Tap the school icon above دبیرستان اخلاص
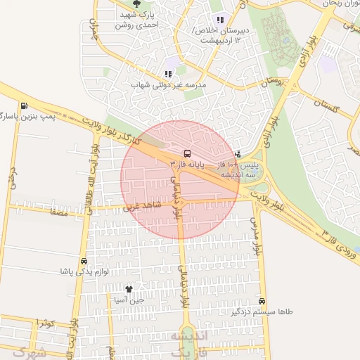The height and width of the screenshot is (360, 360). pyautogui.click(x=220, y=20)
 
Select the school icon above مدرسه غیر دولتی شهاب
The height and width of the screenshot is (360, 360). pyautogui.click(x=167, y=74)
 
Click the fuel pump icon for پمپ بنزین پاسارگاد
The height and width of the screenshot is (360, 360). pyautogui.click(x=25, y=106)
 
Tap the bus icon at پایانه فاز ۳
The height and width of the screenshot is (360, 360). pyautogui.click(x=187, y=153)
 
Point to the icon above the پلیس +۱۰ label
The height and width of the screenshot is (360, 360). pyautogui.click(x=237, y=153)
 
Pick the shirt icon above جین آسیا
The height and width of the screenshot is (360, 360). pyautogui.click(x=129, y=289)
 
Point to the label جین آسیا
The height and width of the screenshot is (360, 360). pyautogui.click(x=129, y=300)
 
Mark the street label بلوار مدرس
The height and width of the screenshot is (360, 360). pyautogui.click(x=257, y=235)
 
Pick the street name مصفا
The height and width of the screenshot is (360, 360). pyautogui.click(x=59, y=210)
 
